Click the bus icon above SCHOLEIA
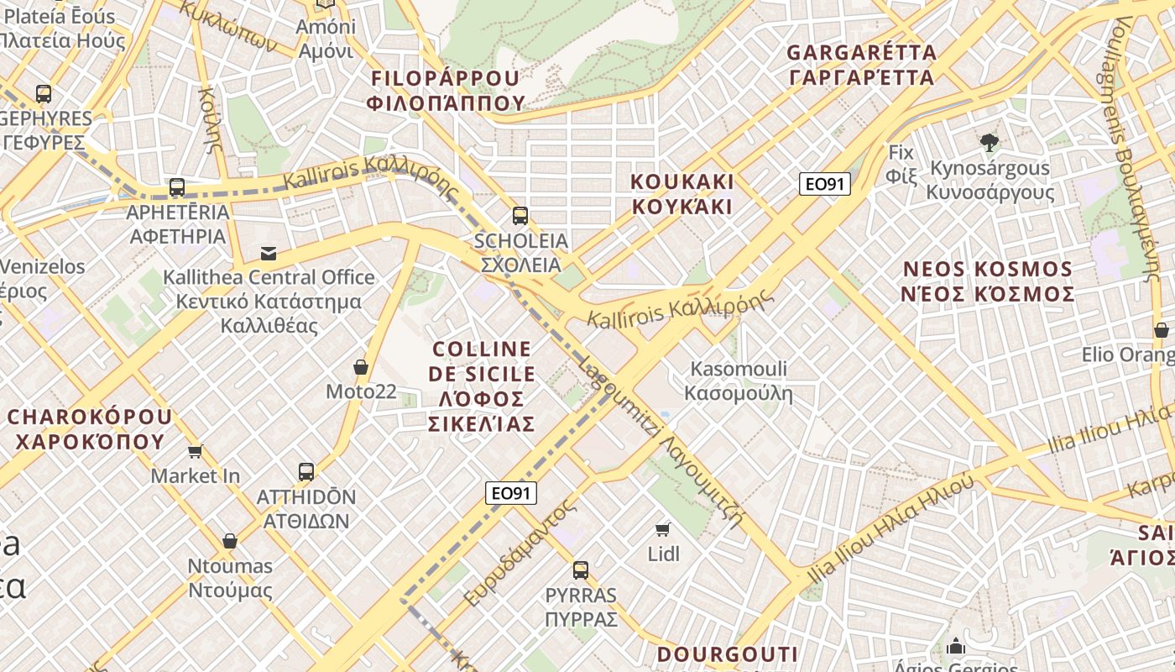(x=520, y=216)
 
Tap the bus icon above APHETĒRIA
(x=176, y=186)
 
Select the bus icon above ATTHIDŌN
(x=306, y=471)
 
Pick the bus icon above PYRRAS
(x=581, y=570)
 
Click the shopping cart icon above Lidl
(x=663, y=528)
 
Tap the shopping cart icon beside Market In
(x=196, y=452)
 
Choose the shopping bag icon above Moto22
(x=361, y=367)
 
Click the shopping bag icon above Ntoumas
(x=230, y=541)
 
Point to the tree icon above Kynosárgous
(x=990, y=143)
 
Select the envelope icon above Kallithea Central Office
(x=269, y=253)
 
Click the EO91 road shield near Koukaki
(x=824, y=184)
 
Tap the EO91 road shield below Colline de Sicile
(x=510, y=493)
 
